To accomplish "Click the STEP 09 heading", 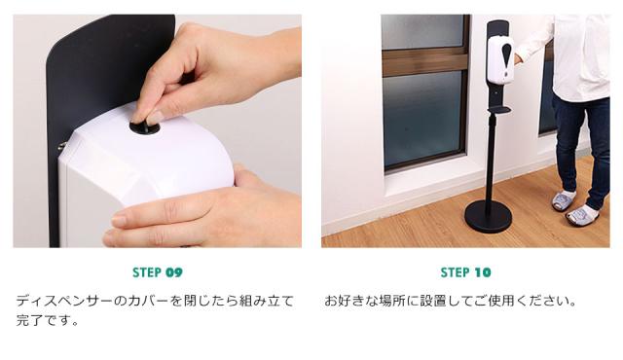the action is click(x=158, y=272).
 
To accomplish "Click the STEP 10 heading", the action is click(x=465, y=272).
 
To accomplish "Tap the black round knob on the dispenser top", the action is click(x=145, y=127).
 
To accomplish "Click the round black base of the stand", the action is click(x=489, y=216).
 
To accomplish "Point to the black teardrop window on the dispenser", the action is click(x=506, y=58).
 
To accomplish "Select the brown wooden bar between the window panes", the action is click(x=425, y=62).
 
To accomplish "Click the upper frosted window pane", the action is click(x=422, y=31).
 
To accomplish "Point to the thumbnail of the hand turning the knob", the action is click(x=158, y=131).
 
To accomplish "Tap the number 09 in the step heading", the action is click(x=174, y=272).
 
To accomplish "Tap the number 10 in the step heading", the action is click(x=483, y=272).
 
